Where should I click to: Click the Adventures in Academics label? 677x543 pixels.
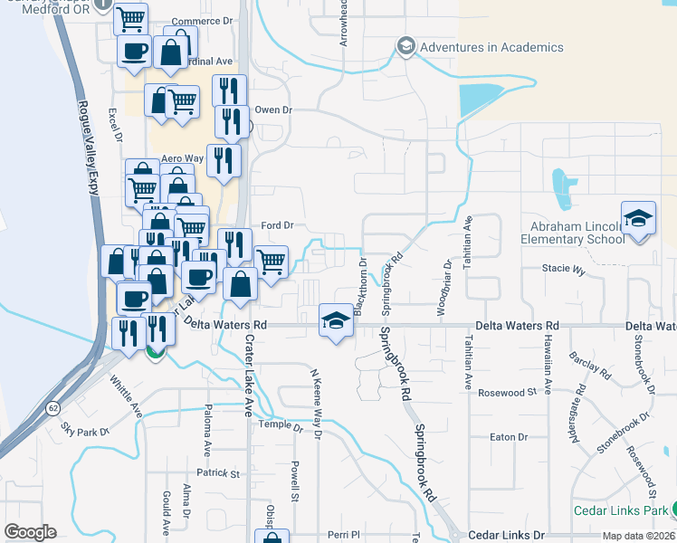tap(491, 47)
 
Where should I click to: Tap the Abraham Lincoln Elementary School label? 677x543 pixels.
tap(572, 232)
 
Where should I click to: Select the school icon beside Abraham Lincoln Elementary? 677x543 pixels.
tap(638, 219)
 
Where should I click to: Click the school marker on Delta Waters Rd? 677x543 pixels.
tap(336, 321)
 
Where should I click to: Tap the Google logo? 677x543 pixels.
tap(30, 532)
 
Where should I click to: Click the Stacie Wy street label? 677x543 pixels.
tap(564, 270)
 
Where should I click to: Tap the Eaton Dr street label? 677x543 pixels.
tap(508, 437)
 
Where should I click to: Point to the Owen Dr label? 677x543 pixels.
tap(274, 110)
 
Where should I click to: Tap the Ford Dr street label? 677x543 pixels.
tap(278, 224)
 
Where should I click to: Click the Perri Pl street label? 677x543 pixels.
tap(344, 535)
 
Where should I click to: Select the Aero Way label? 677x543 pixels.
tap(178, 158)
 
